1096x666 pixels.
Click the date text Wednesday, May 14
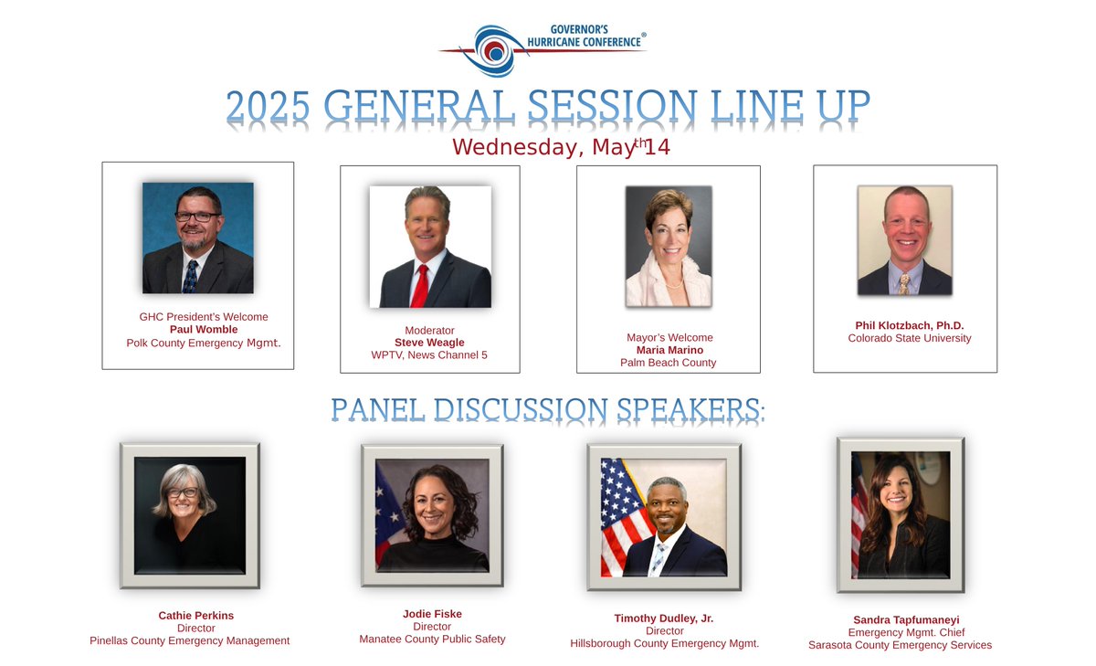(561, 146)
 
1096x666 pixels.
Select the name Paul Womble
(204, 330)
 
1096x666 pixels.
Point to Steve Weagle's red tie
(420, 284)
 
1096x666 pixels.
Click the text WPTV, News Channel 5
(429, 355)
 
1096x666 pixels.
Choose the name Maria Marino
(669, 350)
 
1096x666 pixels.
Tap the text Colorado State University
(910, 338)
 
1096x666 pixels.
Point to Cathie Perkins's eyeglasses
(183, 492)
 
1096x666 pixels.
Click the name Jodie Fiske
(432, 614)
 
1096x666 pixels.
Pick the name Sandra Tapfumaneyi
(900, 619)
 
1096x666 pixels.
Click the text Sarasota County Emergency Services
(900, 645)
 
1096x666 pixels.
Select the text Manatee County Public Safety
(432, 640)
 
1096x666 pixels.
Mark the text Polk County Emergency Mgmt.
(204, 343)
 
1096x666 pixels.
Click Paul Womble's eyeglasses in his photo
(197, 217)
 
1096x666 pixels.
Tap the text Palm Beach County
(668, 363)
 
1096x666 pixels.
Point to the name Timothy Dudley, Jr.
(664, 618)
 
